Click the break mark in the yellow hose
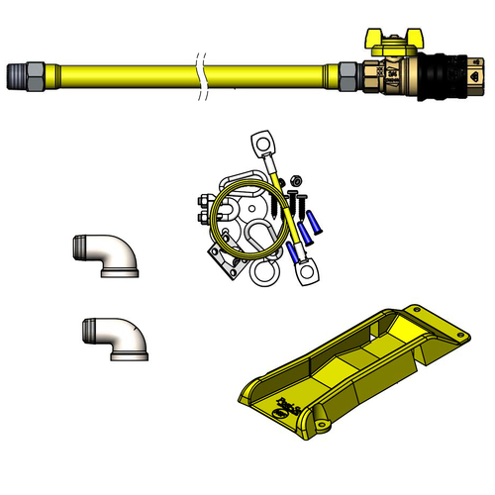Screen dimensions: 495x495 tap(203, 75)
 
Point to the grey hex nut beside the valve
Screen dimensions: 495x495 tap(349, 75)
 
